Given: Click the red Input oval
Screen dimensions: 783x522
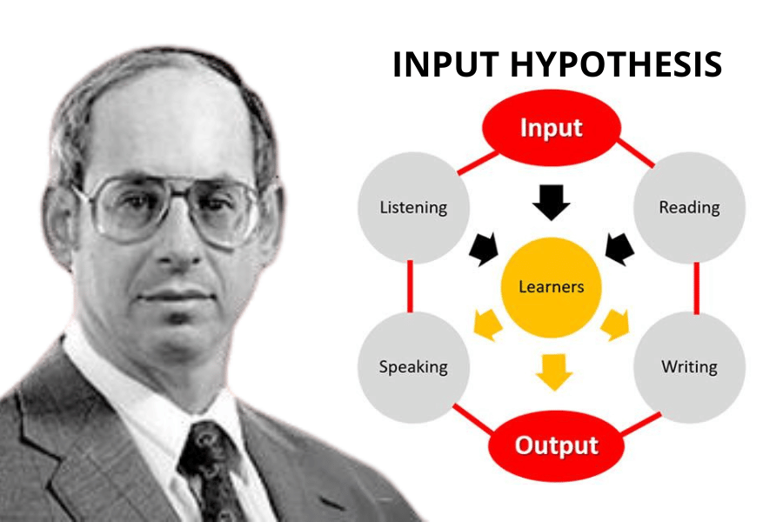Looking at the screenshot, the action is coord(552,128).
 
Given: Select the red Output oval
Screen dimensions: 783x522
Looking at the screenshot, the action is coord(556,445).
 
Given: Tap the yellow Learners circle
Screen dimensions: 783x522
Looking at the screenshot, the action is coord(552,287).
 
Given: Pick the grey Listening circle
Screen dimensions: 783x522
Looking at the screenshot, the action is coord(413,207).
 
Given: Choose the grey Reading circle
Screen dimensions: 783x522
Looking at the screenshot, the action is coord(690,207).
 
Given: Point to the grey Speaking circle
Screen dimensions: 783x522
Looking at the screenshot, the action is coord(413,367).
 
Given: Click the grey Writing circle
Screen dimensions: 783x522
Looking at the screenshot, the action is coord(690,367).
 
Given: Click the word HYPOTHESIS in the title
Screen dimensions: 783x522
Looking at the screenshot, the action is coord(616,64).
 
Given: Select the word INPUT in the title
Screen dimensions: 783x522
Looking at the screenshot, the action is coord(446,64).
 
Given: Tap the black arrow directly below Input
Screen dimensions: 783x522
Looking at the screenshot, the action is coord(552,203).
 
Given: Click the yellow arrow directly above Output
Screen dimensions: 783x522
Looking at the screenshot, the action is coord(554,372).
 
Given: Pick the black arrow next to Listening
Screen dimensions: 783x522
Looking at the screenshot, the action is coord(485,249).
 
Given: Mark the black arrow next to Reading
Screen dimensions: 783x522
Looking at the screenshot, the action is coord(619,249).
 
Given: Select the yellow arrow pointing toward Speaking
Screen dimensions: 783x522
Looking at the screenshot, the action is coord(488,325).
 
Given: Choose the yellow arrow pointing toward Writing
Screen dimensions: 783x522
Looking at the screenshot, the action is coord(615,325).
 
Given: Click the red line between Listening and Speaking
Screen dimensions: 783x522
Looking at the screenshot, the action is coord(410,286).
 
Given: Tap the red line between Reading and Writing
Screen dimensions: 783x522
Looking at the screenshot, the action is coord(697,288).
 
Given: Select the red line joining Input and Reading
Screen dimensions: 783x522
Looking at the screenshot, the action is coord(636,153).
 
